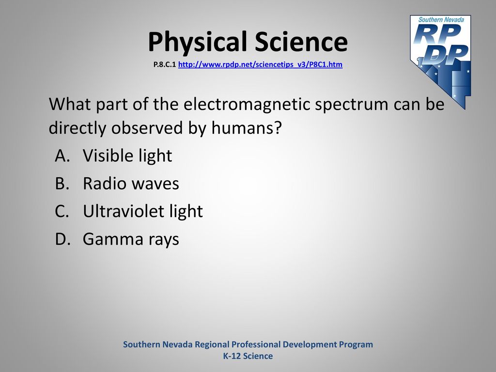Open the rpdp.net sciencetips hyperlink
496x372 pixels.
pyautogui.click(x=260, y=64)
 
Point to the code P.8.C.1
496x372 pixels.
pyautogui.click(x=165, y=64)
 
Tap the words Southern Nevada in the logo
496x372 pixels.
pyautogui.click(x=441, y=19)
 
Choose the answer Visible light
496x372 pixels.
pyautogui.click(x=127, y=156)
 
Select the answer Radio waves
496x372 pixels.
pyautogui.click(x=131, y=184)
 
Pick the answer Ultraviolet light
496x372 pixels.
pyautogui.click(x=143, y=211)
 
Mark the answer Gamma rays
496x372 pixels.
pyautogui.click(x=131, y=239)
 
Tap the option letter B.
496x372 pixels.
pyautogui.click(x=62, y=184)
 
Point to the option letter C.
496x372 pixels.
pyautogui.click(x=62, y=211)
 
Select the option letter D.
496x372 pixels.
pyautogui.click(x=62, y=239)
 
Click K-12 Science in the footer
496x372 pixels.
pyautogui.click(x=248, y=356)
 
